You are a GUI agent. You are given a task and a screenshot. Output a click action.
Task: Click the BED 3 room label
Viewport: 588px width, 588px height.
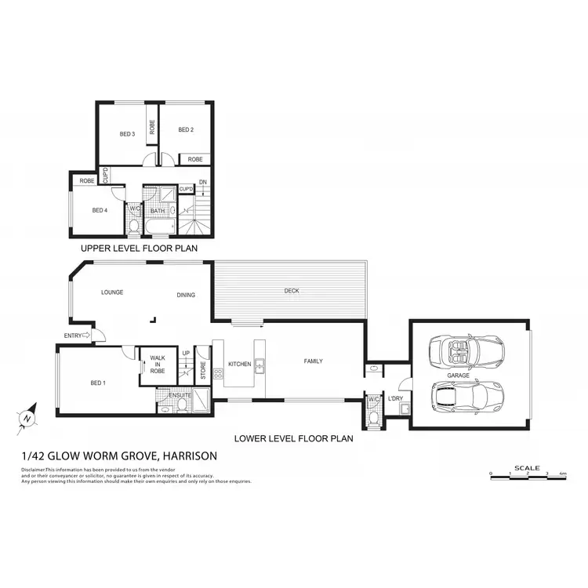tap(127, 134)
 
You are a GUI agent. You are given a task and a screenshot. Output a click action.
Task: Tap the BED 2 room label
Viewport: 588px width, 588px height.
tap(185, 129)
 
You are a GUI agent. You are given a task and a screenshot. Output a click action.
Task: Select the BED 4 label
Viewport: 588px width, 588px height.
tap(99, 210)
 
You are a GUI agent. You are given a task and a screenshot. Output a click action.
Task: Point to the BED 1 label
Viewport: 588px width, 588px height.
tap(97, 383)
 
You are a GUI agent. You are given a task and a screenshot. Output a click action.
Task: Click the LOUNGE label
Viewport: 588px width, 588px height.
tap(113, 292)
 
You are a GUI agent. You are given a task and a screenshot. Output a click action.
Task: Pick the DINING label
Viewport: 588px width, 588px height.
tap(186, 295)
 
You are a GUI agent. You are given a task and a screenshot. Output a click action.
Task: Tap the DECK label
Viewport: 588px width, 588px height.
tap(292, 292)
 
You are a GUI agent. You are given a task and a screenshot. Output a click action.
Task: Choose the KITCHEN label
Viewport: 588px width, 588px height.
tap(239, 365)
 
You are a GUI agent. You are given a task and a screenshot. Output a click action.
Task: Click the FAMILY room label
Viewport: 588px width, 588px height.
tap(313, 361)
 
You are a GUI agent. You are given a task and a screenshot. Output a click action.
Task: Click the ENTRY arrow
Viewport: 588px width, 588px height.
tap(88, 336)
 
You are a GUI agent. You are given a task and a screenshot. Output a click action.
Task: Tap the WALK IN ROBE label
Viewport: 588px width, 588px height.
tap(158, 366)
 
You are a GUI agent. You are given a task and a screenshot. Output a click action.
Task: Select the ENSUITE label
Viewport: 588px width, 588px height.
tap(180, 395)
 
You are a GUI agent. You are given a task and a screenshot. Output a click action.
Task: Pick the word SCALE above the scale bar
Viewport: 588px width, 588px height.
tap(526, 468)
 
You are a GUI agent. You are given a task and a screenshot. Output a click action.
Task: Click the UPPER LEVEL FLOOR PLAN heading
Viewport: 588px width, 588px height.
tap(138, 248)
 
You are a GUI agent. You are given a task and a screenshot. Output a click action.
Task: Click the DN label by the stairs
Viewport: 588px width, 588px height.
tap(202, 183)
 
